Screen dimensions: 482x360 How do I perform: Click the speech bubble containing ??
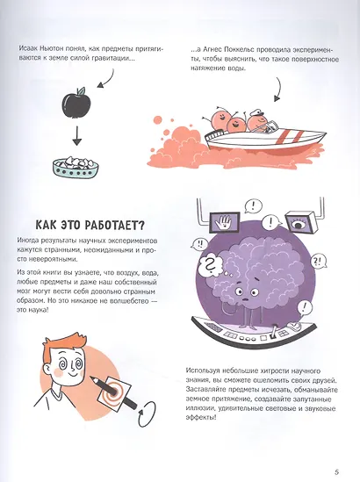319,261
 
